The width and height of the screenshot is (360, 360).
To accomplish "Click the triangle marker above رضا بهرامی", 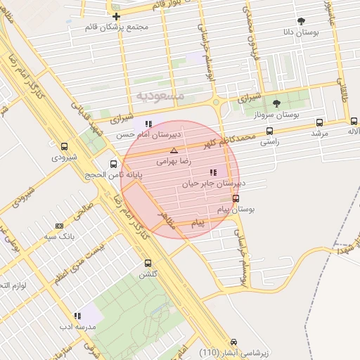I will pos(174,150).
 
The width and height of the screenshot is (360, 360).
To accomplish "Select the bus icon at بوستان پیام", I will pos(235,198).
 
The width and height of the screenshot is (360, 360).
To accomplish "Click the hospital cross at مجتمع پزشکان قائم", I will pos(116,16).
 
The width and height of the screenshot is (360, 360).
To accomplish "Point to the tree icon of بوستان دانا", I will pos(302,21).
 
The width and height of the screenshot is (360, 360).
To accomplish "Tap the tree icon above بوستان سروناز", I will pos(276,103).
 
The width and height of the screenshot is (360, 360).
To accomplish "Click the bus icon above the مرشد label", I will pos(321,122).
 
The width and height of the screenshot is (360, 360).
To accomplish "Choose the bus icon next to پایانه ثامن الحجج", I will pos(113,164).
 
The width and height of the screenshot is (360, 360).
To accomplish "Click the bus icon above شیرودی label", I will pos(65,148).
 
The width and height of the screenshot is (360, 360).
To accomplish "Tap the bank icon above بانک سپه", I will pos(58,226).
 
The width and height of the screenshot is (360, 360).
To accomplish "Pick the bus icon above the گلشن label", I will pos(147,263).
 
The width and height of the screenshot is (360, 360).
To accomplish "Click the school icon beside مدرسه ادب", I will pos(77,317).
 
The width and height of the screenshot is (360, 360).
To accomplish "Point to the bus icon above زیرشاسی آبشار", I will pos(233,342).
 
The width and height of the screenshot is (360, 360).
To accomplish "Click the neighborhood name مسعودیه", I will pos(161,94).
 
